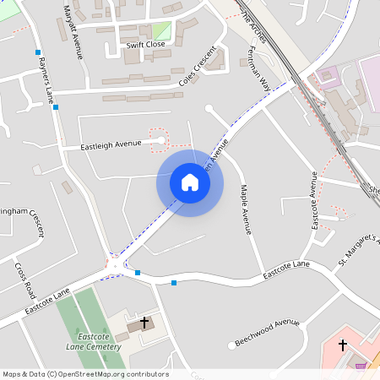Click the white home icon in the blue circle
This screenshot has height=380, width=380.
click(190, 182)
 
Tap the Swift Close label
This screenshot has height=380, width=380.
click(145, 45)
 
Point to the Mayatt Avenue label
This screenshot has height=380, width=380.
click(73, 31)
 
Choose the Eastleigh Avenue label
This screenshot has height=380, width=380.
click(110, 145)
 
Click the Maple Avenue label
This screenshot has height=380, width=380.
click(246, 209)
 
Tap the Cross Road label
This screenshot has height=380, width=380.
click(24, 280)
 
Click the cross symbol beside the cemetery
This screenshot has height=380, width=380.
click(144, 322)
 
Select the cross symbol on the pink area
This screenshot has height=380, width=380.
click(343, 345)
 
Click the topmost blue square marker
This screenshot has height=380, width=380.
click(38, 52)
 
